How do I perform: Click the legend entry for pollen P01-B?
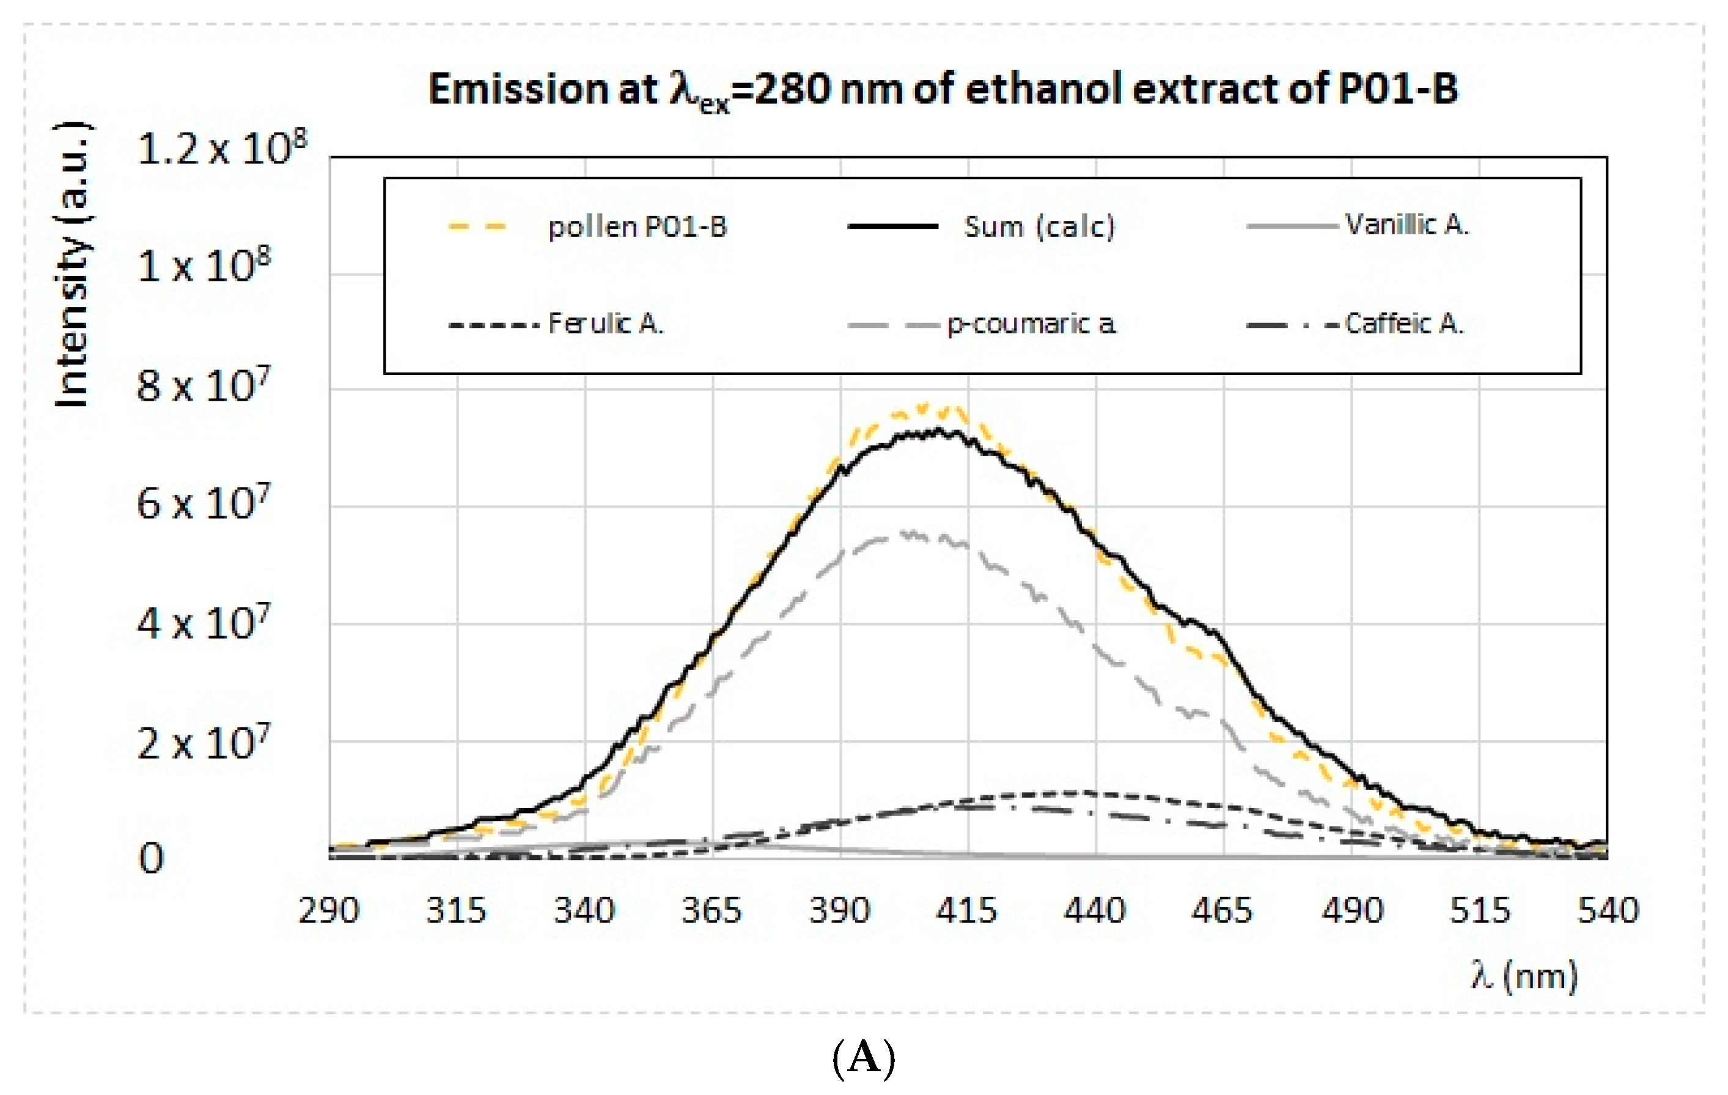click(x=636, y=227)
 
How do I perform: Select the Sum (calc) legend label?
click(x=1039, y=227)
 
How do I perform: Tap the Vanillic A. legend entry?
click(x=1406, y=225)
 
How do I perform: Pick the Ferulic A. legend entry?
click(x=606, y=324)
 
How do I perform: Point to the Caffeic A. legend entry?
click(x=1403, y=324)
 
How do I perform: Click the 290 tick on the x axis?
click(x=329, y=910)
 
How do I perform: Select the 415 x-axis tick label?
click(x=966, y=910)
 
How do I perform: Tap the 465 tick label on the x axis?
click(x=1222, y=910)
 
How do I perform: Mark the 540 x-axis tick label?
click(x=1608, y=910)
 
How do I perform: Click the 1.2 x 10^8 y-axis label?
click(x=221, y=149)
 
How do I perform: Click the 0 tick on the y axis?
click(x=152, y=858)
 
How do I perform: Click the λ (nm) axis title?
click(x=1524, y=976)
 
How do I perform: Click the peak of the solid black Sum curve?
click(x=936, y=431)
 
